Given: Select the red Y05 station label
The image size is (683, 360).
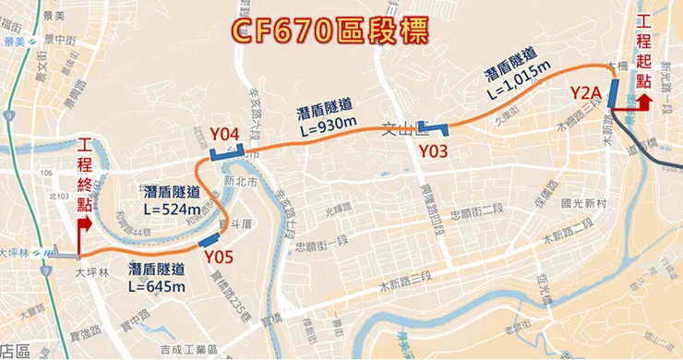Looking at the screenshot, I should point(219,256).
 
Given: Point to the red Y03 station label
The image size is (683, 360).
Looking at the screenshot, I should point(433,150).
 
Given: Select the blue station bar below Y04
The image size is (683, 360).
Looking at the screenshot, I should point(226,153).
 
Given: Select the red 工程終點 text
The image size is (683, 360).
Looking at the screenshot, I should point(86,175).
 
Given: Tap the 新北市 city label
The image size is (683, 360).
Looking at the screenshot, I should point(238,181).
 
